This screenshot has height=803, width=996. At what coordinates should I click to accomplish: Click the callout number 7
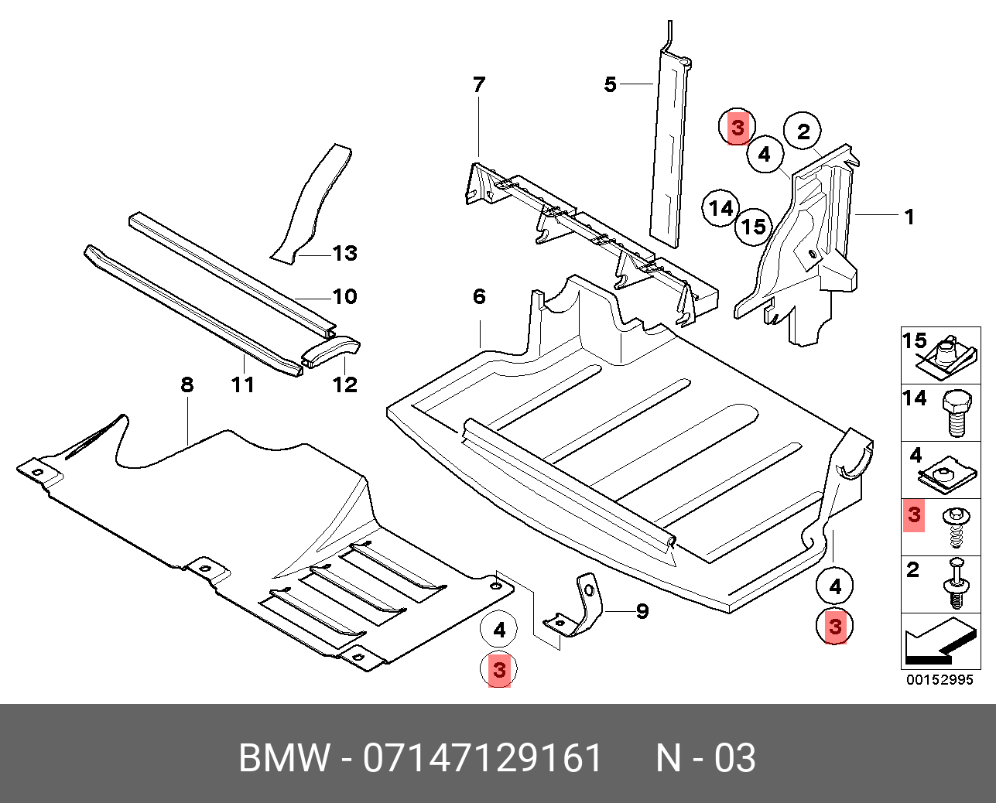coord(479,84)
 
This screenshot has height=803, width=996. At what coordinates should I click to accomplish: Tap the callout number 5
coord(611,84)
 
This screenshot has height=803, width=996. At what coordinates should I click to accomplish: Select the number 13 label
coord(344,253)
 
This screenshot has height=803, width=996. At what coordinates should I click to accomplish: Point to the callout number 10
coord(344,296)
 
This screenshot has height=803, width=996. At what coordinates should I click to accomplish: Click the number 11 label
coord(243,384)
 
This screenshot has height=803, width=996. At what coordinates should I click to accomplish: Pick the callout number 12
coord(345,384)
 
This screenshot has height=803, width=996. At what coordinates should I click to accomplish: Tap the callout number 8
coord(187,384)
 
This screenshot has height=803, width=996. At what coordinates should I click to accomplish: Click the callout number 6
coord(479,296)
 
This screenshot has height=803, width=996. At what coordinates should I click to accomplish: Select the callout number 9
coord(642,612)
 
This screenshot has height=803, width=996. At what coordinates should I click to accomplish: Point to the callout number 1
coord(910,217)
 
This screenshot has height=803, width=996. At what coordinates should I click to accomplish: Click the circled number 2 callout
coord(803,132)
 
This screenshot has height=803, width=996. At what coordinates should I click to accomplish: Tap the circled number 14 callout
coord(721,208)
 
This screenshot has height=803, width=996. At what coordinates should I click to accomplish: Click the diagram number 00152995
coord(940,680)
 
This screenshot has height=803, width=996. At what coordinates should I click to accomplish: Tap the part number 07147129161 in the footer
coord(483,758)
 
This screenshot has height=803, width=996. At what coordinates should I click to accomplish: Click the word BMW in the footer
coord(284,758)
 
